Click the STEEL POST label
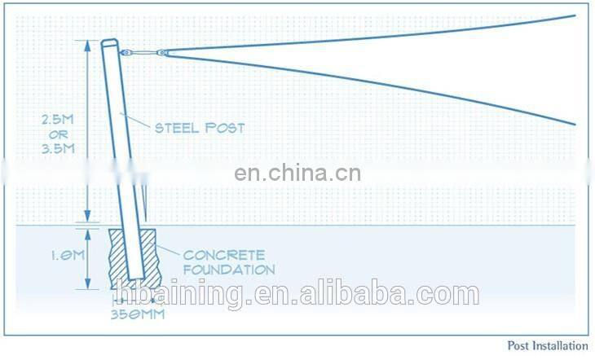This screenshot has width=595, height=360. (x=200, y=128)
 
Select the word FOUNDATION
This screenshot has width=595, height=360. (x=228, y=270)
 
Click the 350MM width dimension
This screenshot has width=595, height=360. (x=137, y=312)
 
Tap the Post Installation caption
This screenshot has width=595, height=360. (x=547, y=346)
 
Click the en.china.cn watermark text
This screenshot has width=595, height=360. (x=297, y=173)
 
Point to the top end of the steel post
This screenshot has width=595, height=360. (x=109, y=43)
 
